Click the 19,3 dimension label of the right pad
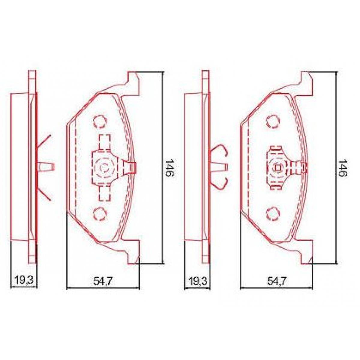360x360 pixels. pyautogui.click(x=198, y=281)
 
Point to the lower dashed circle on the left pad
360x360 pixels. pyautogui.click(x=100, y=213)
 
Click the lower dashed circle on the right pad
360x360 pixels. pyautogui.click(x=273, y=213)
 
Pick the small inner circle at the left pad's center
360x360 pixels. pyautogui.click(x=104, y=167)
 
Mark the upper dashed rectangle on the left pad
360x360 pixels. pyautogui.click(x=104, y=142)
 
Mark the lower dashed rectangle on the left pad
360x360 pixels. pyautogui.click(x=104, y=193)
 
